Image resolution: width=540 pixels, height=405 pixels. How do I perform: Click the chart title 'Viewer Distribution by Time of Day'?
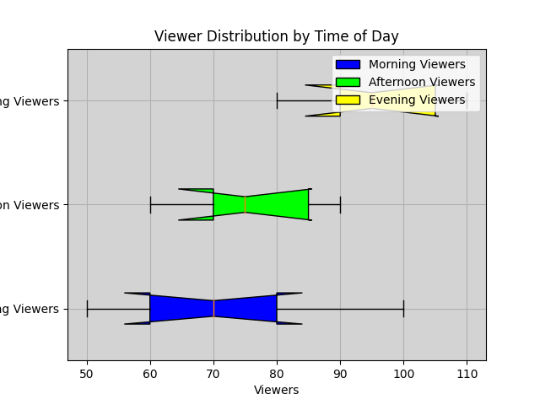click(x=277, y=37)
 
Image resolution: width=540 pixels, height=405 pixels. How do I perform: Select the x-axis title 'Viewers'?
click(x=277, y=390)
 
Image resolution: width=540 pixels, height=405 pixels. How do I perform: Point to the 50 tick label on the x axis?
click(x=87, y=374)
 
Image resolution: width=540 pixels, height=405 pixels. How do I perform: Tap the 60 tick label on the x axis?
click(x=150, y=374)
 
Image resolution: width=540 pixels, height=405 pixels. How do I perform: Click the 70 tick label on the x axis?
click(x=213, y=374)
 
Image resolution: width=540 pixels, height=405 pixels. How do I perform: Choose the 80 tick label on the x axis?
click(x=277, y=374)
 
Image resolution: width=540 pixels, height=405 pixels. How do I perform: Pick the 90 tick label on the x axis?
click(x=340, y=374)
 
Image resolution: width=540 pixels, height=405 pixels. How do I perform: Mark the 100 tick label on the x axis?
click(x=403, y=374)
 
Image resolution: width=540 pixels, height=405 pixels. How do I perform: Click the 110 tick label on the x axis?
click(x=467, y=374)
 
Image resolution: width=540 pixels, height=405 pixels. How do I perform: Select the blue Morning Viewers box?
click(x=181, y=308)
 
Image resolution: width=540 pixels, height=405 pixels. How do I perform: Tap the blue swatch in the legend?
click(x=348, y=65)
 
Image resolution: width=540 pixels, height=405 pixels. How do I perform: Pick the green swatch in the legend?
click(x=348, y=83)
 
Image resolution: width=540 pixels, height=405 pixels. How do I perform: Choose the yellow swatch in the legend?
click(x=348, y=100)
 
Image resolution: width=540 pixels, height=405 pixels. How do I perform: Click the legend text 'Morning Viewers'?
click(x=417, y=65)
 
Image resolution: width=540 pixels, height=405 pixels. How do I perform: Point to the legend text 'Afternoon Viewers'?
click(x=422, y=83)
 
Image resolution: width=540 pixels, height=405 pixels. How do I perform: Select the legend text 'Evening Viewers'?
click(x=417, y=100)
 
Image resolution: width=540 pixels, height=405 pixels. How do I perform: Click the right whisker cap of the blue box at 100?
click(x=403, y=308)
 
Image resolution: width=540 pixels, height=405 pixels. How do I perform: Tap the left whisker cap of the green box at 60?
click(x=150, y=204)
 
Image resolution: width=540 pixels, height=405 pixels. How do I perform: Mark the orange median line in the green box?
click(x=246, y=204)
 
